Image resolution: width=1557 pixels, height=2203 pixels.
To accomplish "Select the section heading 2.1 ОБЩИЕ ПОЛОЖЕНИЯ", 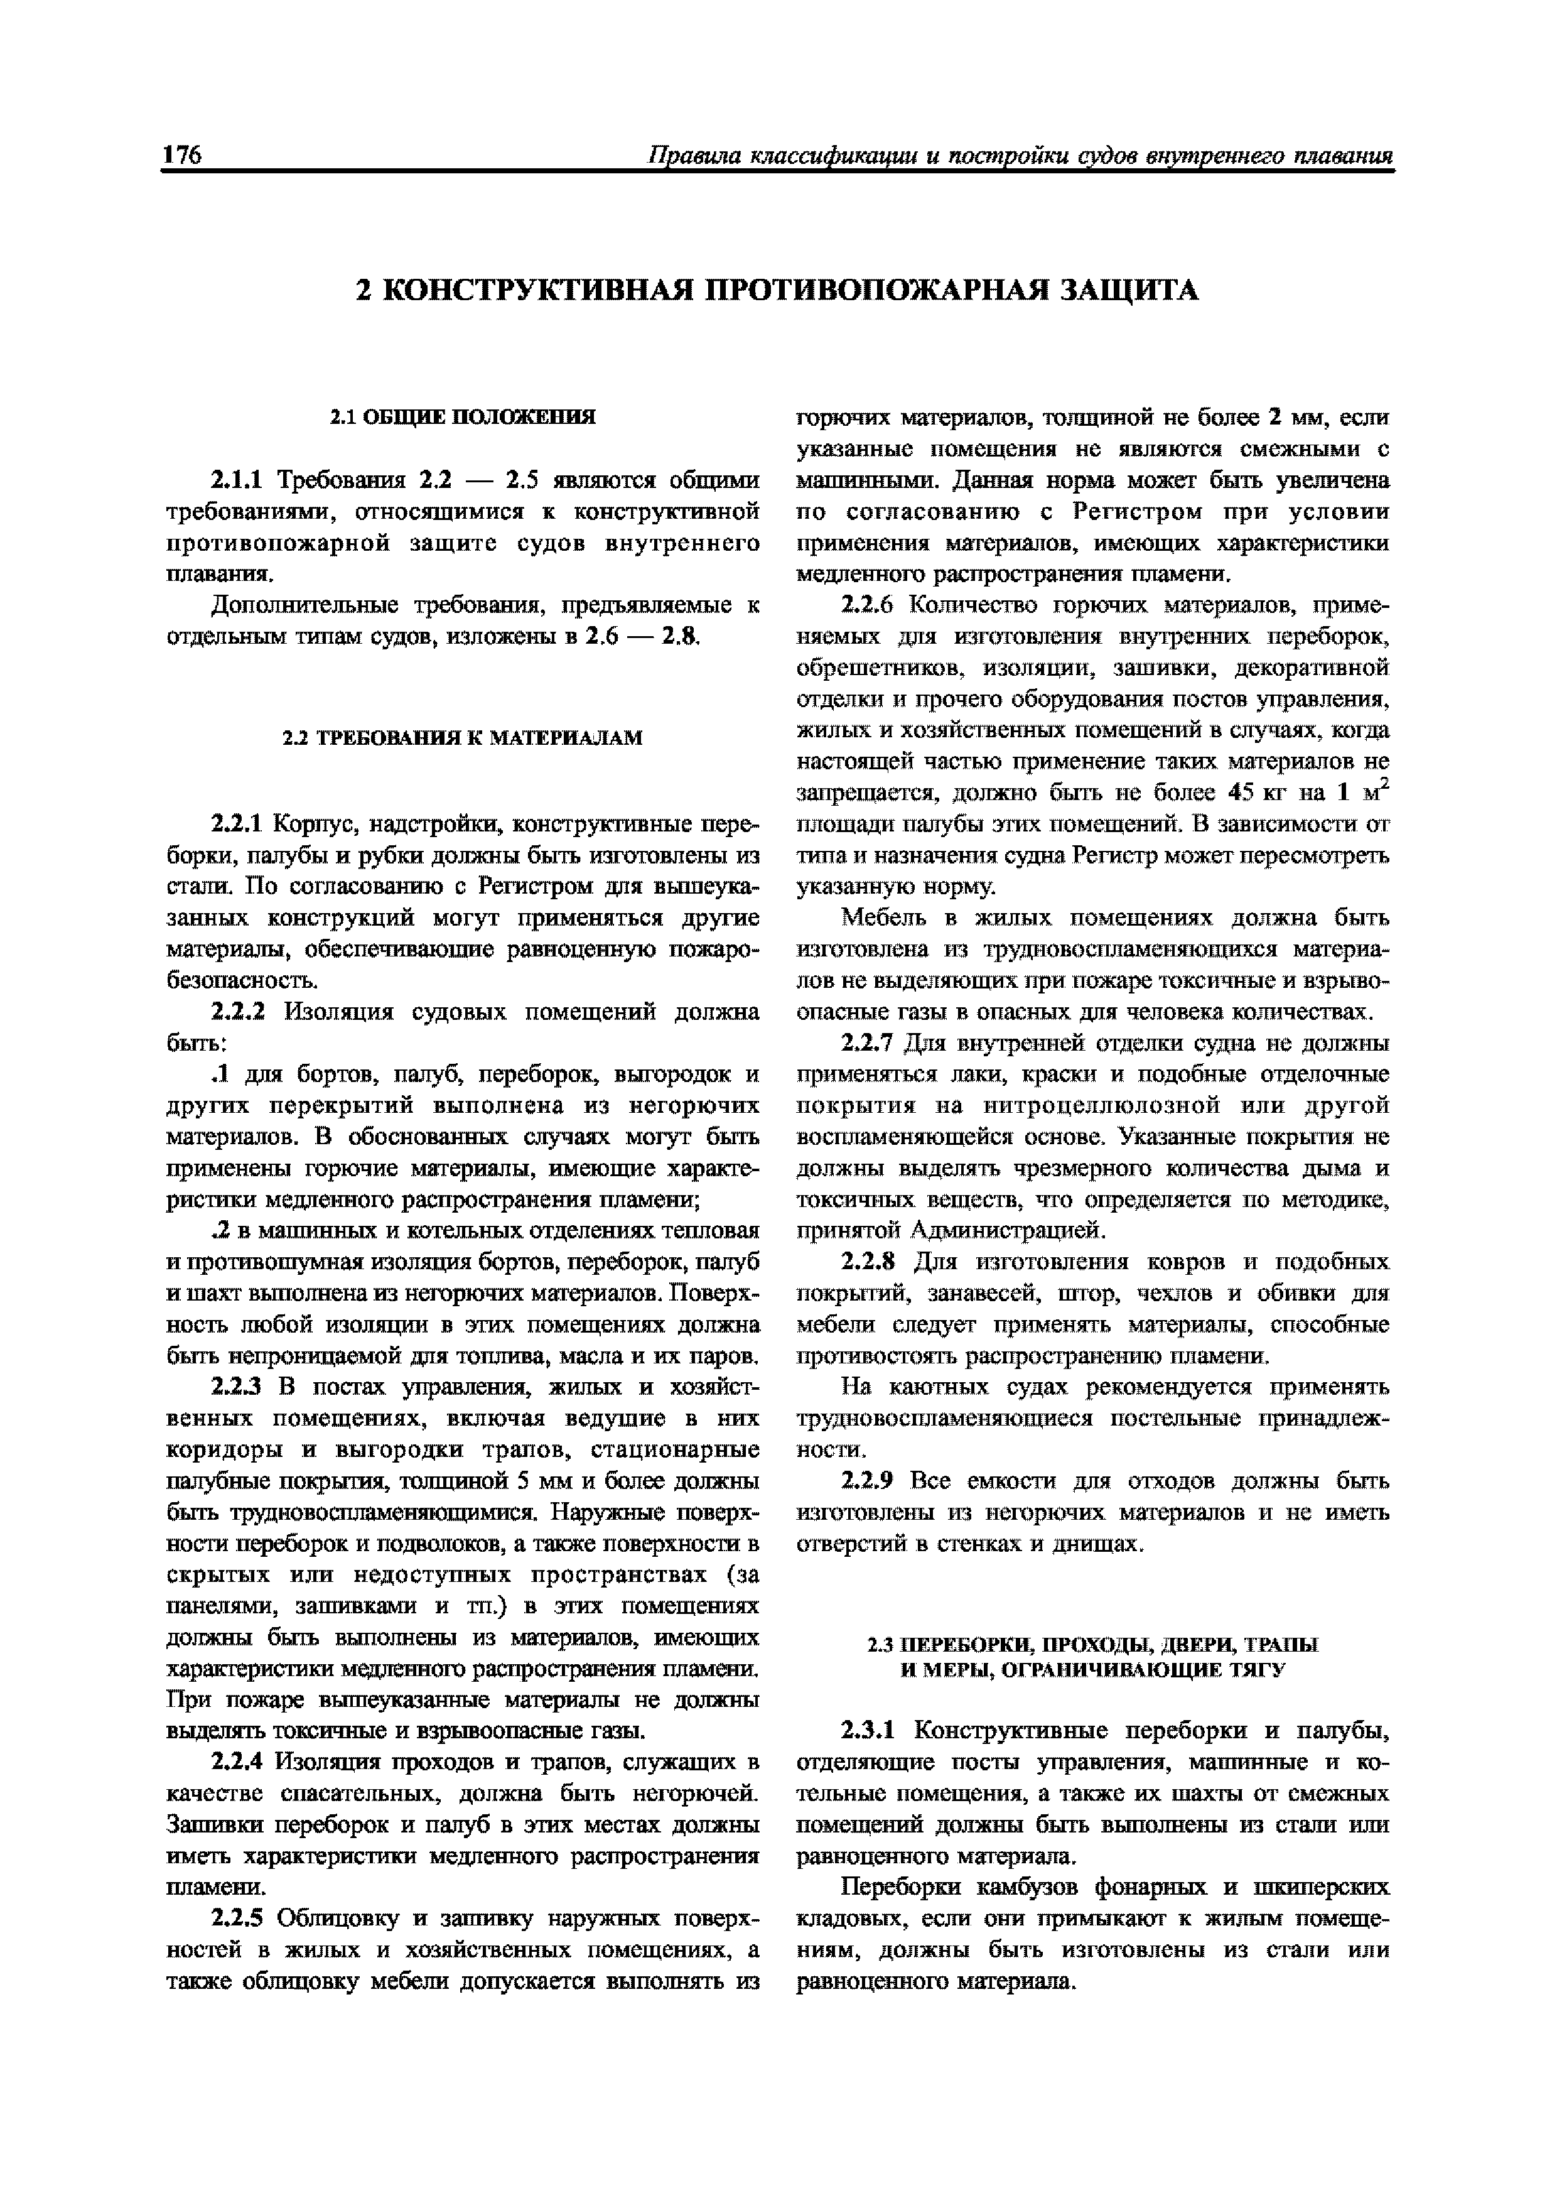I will click(x=463, y=416).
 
